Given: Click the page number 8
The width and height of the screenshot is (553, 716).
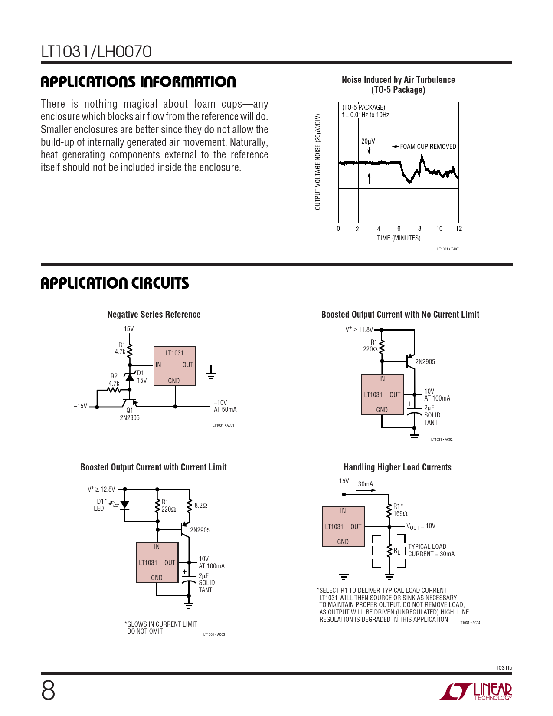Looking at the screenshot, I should (x=48, y=690).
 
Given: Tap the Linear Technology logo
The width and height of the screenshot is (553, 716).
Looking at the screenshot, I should (x=476, y=691).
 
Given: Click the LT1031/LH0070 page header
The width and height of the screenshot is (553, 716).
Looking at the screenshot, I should (x=96, y=52).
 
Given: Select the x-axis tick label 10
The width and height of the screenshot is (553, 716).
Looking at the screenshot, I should (x=439, y=229).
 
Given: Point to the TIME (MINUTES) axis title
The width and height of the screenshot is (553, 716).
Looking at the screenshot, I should (x=399, y=238).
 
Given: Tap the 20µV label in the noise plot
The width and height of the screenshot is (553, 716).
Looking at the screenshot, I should (x=368, y=141).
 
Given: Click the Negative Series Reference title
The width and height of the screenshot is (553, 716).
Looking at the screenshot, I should (x=154, y=315).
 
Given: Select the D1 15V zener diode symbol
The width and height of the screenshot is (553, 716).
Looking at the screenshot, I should (x=130, y=377).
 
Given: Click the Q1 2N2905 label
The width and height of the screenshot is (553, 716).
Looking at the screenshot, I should (x=130, y=414).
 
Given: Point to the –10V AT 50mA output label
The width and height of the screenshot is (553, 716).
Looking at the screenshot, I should (x=225, y=406).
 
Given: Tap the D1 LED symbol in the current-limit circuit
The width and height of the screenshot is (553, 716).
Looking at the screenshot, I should (x=125, y=505).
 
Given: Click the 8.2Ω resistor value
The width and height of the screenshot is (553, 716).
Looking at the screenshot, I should (x=201, y=506).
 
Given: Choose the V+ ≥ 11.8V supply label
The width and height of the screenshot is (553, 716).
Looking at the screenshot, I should (x=359, y=330).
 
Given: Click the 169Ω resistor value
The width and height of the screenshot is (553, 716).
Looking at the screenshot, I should (x=400, y=514).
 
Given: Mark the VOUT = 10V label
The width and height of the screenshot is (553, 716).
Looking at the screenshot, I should (x=421, y=526).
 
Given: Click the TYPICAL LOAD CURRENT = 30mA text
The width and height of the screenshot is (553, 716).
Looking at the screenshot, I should (x=431, y=550).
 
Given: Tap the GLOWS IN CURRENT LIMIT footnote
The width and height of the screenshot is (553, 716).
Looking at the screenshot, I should (x=161, y=627).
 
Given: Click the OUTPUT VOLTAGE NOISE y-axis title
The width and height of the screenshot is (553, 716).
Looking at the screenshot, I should (x=318, y=162).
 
